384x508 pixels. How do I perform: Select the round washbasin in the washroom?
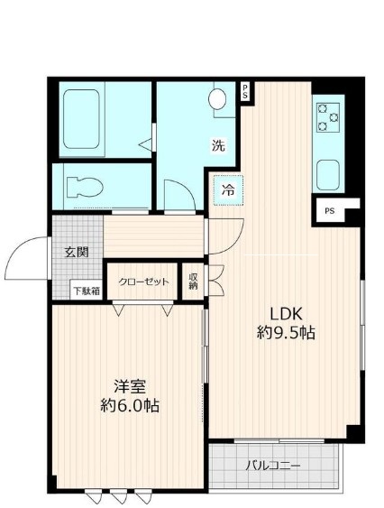[x=220, y=99]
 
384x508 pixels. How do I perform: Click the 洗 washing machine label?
[x=219, y=145]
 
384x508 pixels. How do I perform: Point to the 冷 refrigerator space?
[x=229, y=189]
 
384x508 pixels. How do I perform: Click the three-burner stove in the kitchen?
[x=326, y=116]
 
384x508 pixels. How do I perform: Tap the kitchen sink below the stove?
[x=326, y=171]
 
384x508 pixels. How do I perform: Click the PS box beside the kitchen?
[x=329, y=211]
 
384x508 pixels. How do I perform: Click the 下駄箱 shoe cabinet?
[x=87, y=290]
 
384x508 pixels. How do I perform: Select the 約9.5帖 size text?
[x=285, y=333]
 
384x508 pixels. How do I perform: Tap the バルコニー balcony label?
[x=273, y=466]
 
